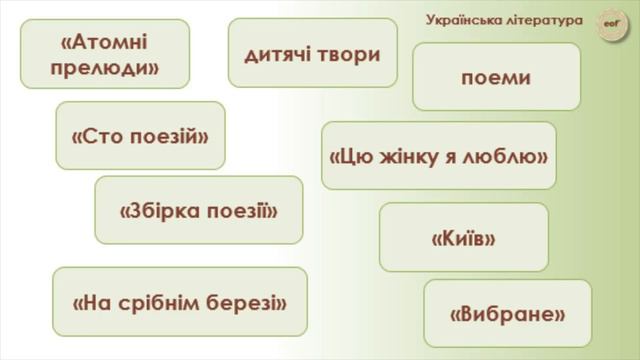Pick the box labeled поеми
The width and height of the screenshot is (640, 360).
coord(496,77)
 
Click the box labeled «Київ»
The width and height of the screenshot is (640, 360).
coord(464,238)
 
